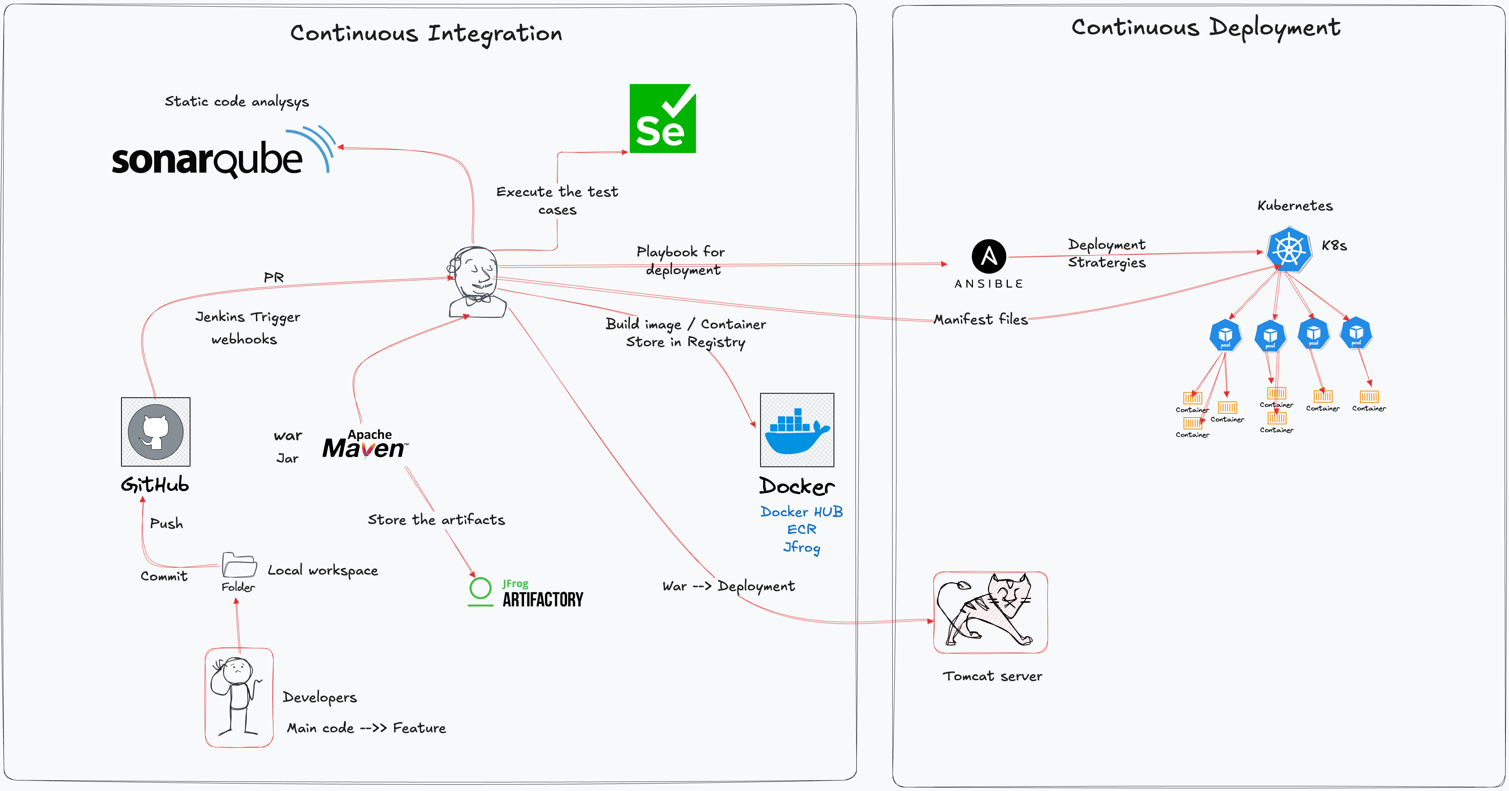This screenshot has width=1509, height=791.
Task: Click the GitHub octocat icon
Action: (x=155, y=432)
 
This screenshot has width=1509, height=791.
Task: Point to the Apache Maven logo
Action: (x=365, y=444)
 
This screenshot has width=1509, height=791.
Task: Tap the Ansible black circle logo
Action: (x=989, y=256)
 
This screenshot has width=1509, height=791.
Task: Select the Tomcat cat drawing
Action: (x=990, y=612)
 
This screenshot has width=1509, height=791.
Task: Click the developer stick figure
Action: (x=239, y=697)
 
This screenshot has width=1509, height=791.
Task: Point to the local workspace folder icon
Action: (x=239, y=565)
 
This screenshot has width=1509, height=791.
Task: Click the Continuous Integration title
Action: (x=426, y=34)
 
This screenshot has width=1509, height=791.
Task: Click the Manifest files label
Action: (x=981, y=319)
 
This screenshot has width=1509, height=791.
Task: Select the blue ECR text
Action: (x=801, y=530)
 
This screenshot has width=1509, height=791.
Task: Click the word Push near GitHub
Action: (x=166, y=523)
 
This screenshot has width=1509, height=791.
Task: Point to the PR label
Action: (x=274, y=277)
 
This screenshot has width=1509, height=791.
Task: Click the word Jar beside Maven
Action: (x=287, y=458)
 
